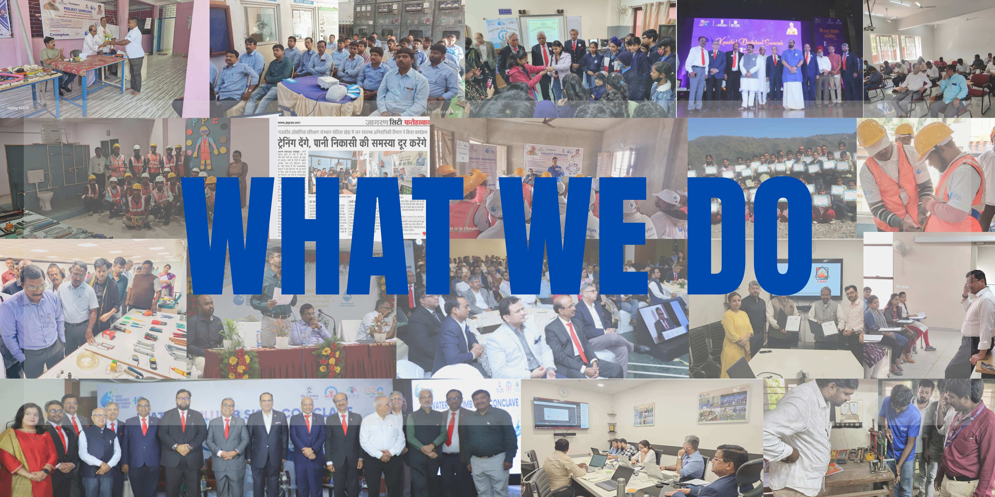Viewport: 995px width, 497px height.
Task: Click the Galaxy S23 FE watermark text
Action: (18, 108)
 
